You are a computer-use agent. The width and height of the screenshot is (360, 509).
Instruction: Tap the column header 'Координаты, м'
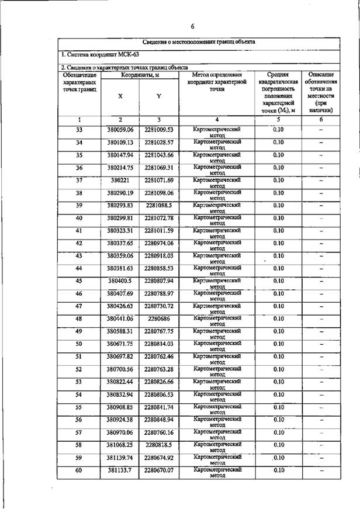[x=140, y=75]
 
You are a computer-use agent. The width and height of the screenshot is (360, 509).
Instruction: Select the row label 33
[x=79, y=129]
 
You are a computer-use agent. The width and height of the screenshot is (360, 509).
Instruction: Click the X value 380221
[x=120, y=179]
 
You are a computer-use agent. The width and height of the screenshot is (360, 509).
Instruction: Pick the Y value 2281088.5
[x=159, y=205]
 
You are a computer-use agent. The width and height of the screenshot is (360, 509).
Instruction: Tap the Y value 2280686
[x=159, y=318]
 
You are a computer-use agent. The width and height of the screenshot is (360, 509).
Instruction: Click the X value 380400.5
[x=120, y=281]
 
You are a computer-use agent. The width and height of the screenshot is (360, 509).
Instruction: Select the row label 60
[x=79, y=470]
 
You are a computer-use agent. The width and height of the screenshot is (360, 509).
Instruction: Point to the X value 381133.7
[x=120, y=470]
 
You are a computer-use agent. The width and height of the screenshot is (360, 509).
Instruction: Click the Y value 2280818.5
[x=159, y=445]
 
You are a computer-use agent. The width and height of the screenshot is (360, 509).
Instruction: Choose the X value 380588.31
[x=120, y=331]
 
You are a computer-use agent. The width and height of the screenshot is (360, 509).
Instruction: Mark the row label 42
[x=79, y=243]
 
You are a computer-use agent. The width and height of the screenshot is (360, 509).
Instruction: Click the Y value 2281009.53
[x=159, y=129]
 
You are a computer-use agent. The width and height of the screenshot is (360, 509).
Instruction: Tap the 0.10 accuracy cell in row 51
[x=278, y=356]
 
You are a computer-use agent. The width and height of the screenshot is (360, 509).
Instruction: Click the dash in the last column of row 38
[x=321, y=193]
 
